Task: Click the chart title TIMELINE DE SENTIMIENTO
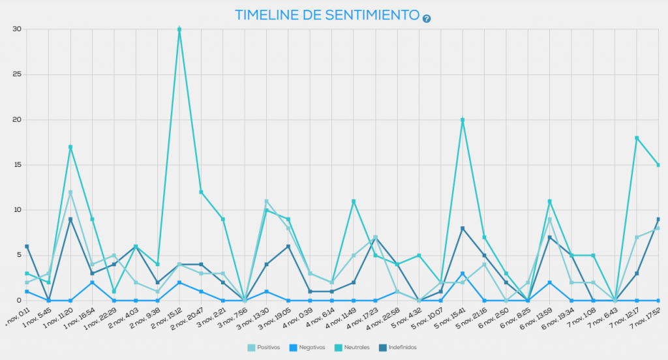326,15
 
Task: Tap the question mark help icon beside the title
427,18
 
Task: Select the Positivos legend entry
264,348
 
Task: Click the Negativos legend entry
306,348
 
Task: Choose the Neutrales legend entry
351,348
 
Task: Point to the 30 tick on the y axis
16,29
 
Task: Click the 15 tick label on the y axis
16,165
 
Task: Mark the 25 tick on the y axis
16,74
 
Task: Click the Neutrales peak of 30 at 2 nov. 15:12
179,29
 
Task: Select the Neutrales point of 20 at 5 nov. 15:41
463,120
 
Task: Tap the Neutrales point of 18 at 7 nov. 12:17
637,138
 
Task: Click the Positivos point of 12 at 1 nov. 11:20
70,192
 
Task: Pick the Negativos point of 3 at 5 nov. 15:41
463,273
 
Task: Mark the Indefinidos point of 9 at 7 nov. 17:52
658,219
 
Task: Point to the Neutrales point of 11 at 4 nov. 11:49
354,202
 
